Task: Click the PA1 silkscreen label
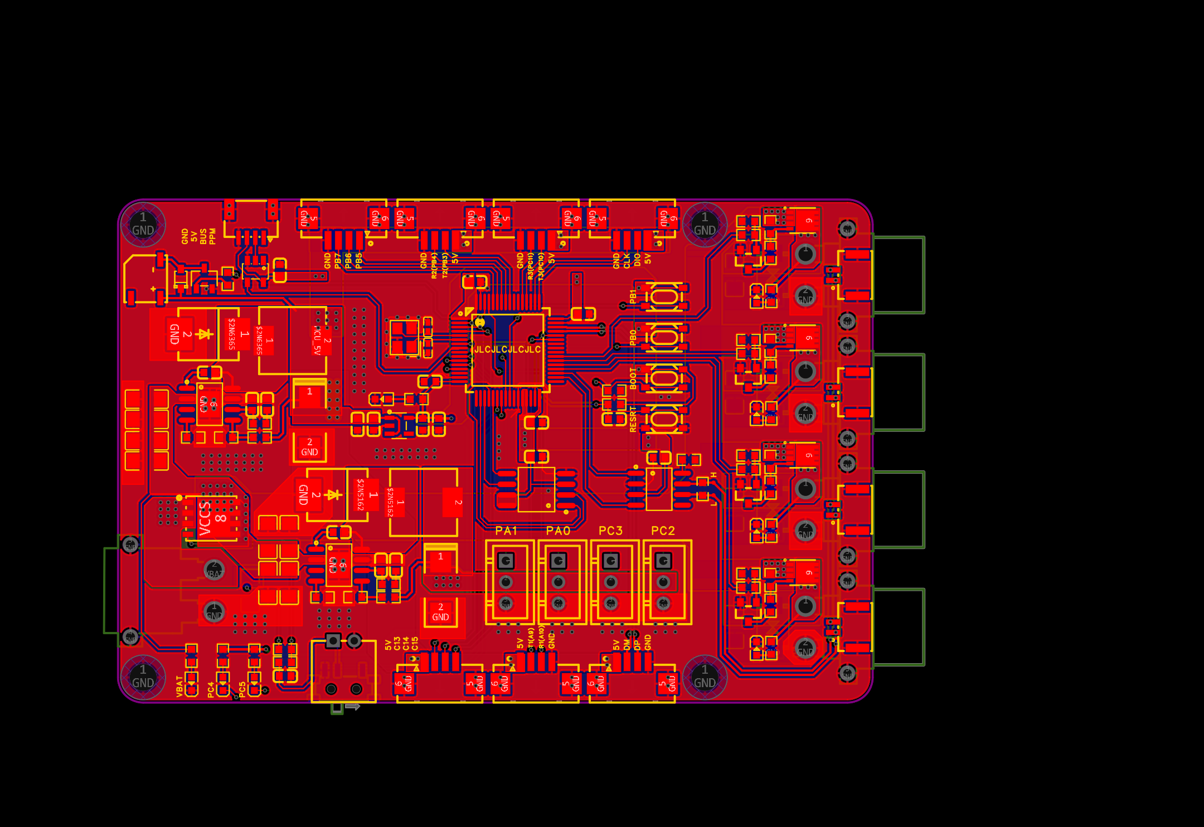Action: pos(506,531)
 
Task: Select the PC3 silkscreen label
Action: pos(610,531)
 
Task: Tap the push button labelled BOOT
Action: pos(664,378)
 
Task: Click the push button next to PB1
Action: pos(664,296)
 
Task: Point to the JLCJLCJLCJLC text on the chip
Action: pos(507,349)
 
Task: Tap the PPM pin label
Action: pos(212,236)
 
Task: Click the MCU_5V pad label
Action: pos(317,341)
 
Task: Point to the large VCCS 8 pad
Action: pos(212,518)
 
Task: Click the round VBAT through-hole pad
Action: pos(214,570)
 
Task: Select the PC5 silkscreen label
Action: pos(242,689)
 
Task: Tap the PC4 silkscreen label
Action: pos(211,689)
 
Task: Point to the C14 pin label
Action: pos(406,644)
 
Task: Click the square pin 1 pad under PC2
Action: pos(663,560)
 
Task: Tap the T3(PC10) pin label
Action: pos(541,265)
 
